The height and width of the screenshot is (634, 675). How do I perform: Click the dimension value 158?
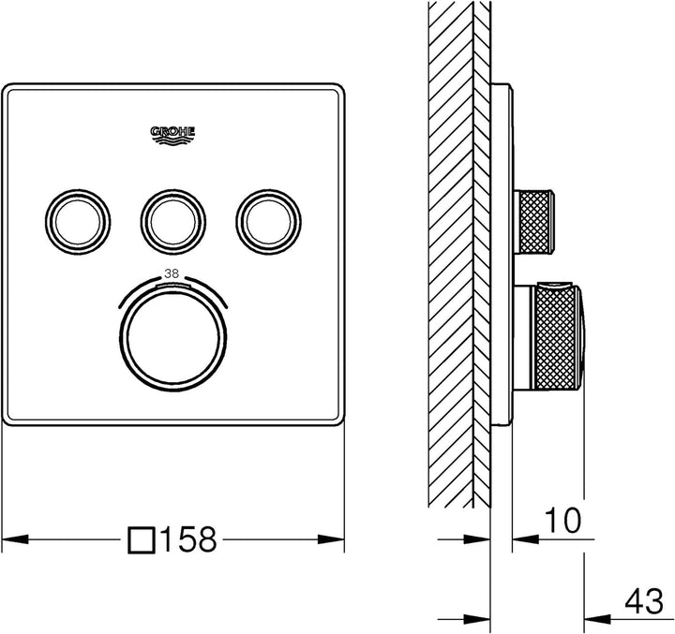(x=189, y=540)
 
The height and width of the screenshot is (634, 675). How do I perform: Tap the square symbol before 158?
(x=142, y=540)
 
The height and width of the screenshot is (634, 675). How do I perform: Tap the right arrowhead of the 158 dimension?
(x=334, y=540)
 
